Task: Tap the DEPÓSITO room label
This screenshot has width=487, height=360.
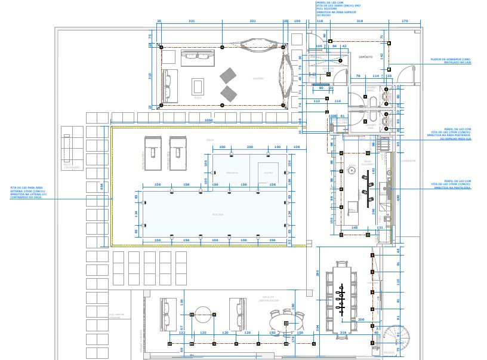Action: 365,57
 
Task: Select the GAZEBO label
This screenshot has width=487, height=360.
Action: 258,78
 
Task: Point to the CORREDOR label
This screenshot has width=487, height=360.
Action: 408,161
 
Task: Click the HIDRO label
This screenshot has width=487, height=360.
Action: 268,173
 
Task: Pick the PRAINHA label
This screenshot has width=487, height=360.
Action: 232,173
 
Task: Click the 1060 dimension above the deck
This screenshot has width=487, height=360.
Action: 208,121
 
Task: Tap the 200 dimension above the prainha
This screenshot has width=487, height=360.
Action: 249,146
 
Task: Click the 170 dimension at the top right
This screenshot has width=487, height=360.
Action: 405,21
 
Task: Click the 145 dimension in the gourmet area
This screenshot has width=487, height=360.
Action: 355,227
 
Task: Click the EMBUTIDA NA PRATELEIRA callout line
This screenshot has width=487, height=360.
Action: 457,188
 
